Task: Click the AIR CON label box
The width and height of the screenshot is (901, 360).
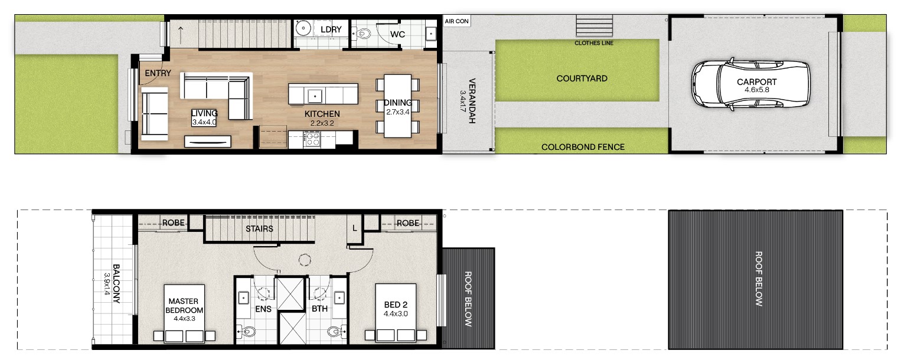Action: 456,21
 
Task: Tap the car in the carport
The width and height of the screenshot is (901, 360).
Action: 750,84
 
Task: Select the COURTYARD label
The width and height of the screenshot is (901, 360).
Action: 582,78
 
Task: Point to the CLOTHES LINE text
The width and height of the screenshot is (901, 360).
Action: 594,43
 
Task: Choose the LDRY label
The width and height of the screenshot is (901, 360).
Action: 331,30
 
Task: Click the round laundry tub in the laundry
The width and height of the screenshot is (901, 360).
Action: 302,28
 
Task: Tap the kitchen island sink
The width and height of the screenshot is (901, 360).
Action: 315,96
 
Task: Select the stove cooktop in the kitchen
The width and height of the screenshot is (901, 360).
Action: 312,139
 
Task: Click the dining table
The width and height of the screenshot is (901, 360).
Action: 397,106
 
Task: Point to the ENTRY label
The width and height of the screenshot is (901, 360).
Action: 158,73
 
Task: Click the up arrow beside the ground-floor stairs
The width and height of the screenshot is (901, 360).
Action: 181,35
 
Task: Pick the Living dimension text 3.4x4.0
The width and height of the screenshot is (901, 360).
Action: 204,122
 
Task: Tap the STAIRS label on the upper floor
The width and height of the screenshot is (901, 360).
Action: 259,229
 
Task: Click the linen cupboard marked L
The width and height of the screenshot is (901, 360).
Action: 354,228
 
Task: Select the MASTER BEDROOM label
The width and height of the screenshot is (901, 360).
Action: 184,306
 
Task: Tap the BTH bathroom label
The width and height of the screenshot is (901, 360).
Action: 319,309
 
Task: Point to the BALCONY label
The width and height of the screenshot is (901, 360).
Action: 116,284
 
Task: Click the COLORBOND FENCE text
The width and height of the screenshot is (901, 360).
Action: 583,147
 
